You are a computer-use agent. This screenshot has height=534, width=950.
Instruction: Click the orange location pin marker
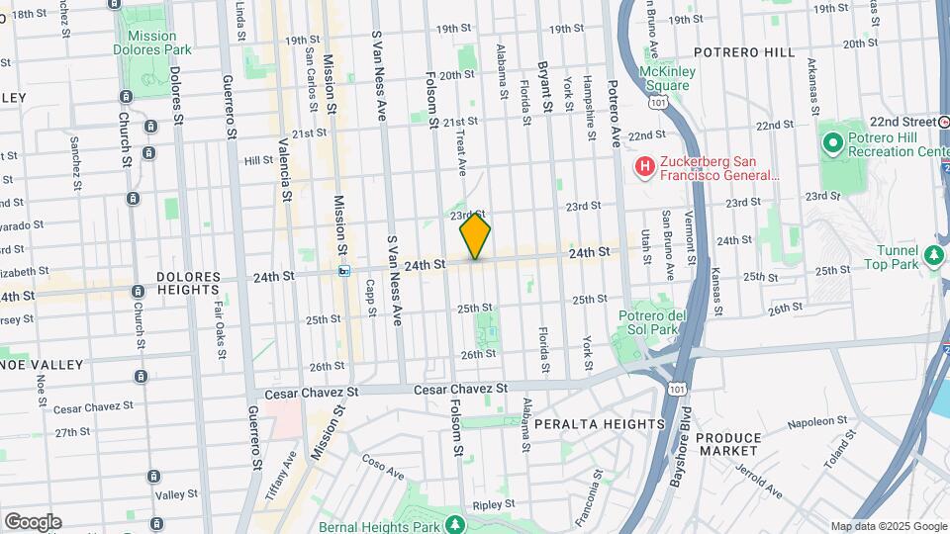[x=475, y=236]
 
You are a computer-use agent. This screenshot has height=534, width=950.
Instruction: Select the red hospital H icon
[x=644, y=166]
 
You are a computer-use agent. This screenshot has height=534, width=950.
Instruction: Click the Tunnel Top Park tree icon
[x=933, y=256]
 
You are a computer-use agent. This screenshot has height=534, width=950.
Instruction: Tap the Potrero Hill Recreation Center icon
[x=832, y=144]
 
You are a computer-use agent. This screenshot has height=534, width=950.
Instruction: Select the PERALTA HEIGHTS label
[x=600, y=424]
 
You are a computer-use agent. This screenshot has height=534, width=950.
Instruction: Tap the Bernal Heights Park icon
[x=454, y=523]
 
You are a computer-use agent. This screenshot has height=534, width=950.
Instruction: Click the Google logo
[x=32, y=521]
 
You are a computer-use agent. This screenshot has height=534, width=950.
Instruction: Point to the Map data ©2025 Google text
[x=889, y=527]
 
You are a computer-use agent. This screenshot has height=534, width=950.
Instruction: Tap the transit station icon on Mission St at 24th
[x=344, y=270]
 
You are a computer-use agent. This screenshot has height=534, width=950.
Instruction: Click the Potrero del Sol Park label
[x=651, y=322]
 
